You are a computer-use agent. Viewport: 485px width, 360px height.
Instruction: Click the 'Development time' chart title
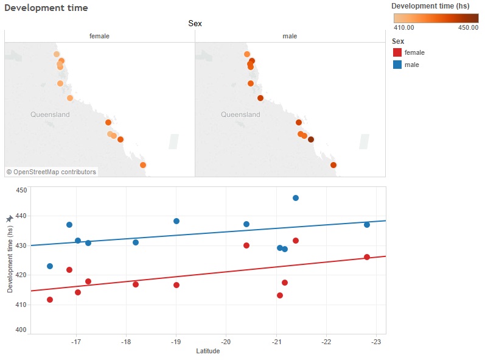pyautogui.click(x=46, y=8)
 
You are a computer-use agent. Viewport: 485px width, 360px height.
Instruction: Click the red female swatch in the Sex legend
pyautogui.click(x=397, y=53)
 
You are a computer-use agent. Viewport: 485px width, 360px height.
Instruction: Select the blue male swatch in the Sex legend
pyautogui.click(x=397, y=65)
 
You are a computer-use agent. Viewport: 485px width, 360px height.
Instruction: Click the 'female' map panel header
pyautogui.click(x=99, y=37)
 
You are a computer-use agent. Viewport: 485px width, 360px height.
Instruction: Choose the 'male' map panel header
pyautogui.click(x=290, y=37)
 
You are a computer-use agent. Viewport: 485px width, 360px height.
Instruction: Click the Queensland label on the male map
pyautogui.click(x=240, y=115)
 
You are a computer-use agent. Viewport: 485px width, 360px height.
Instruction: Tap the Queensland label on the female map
pyautogui.click(x=50, y=115)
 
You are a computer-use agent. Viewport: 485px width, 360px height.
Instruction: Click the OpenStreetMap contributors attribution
pyautogui.click(x=51, y=172)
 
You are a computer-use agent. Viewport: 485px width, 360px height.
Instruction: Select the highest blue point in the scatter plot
pyautogui.click(x=296, y=198)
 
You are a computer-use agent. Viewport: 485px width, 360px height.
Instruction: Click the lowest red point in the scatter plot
pyautogui.click(x=50, y=300)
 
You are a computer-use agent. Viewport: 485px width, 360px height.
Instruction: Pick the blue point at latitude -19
pyautogui.click(x=176, y=221)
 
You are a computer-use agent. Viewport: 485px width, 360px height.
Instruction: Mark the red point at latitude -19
pyautogui.click(x=176, y=285)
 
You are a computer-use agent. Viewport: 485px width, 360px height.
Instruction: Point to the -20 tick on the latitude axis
pyautogui.click(x=226, y=342)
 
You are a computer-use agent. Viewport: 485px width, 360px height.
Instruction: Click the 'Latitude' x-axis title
pyautogui.click(x=208, y=351)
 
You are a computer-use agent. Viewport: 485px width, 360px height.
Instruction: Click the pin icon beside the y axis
pyautogui.click(x=9, y=219)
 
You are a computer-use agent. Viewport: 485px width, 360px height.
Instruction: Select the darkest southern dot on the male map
pyautogui.click(x=311, y=139)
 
